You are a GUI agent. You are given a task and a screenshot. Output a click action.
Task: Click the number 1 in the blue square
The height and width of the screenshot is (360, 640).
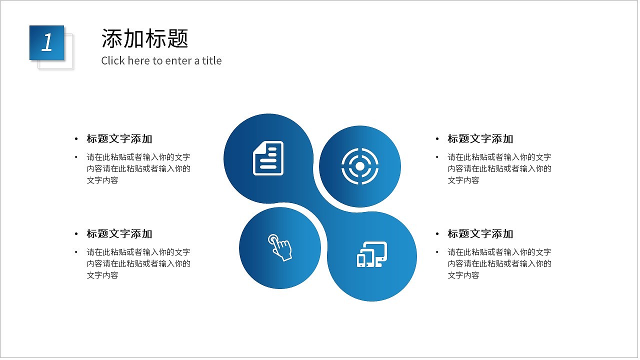pos(47,43)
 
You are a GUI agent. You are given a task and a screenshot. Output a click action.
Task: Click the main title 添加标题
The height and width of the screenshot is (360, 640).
pos(144,38)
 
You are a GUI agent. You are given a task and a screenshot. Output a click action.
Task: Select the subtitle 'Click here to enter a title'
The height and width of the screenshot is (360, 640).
pos(161,61)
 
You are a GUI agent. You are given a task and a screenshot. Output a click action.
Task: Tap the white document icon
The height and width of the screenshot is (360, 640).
pos(268,158)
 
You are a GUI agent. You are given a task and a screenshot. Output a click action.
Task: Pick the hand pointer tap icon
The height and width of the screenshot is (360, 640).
pos(280,247)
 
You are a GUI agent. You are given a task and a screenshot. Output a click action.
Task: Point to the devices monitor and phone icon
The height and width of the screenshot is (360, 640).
pos(372,254)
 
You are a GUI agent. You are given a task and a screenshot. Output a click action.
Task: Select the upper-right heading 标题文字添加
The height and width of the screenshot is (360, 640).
pos(480,139)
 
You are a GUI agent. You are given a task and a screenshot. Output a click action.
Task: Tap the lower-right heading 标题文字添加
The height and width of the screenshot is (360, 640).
pos(480,234)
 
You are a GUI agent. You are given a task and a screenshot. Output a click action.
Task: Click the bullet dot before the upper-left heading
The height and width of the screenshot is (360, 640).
pos(76,139)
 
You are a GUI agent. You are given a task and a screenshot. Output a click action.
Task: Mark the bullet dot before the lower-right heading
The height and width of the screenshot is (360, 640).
pos(437,234)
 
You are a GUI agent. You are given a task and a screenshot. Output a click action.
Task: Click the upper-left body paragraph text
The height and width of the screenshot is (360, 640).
pos(138,168)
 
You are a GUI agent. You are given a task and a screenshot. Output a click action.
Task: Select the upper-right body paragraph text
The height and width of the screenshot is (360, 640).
pos(499,168)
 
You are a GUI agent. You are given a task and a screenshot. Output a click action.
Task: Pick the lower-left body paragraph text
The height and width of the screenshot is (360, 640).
pos(138,263)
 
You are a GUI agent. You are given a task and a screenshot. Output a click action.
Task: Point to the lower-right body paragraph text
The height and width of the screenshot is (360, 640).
pos(499,263)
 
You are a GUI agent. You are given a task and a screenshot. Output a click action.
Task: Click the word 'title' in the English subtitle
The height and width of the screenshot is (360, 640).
pos(212,61)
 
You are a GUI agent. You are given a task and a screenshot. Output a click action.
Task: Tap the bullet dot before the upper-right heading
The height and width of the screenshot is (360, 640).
pos(437,139)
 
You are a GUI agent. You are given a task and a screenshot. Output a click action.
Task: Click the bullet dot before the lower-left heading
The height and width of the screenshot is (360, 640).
pos(76,234)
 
